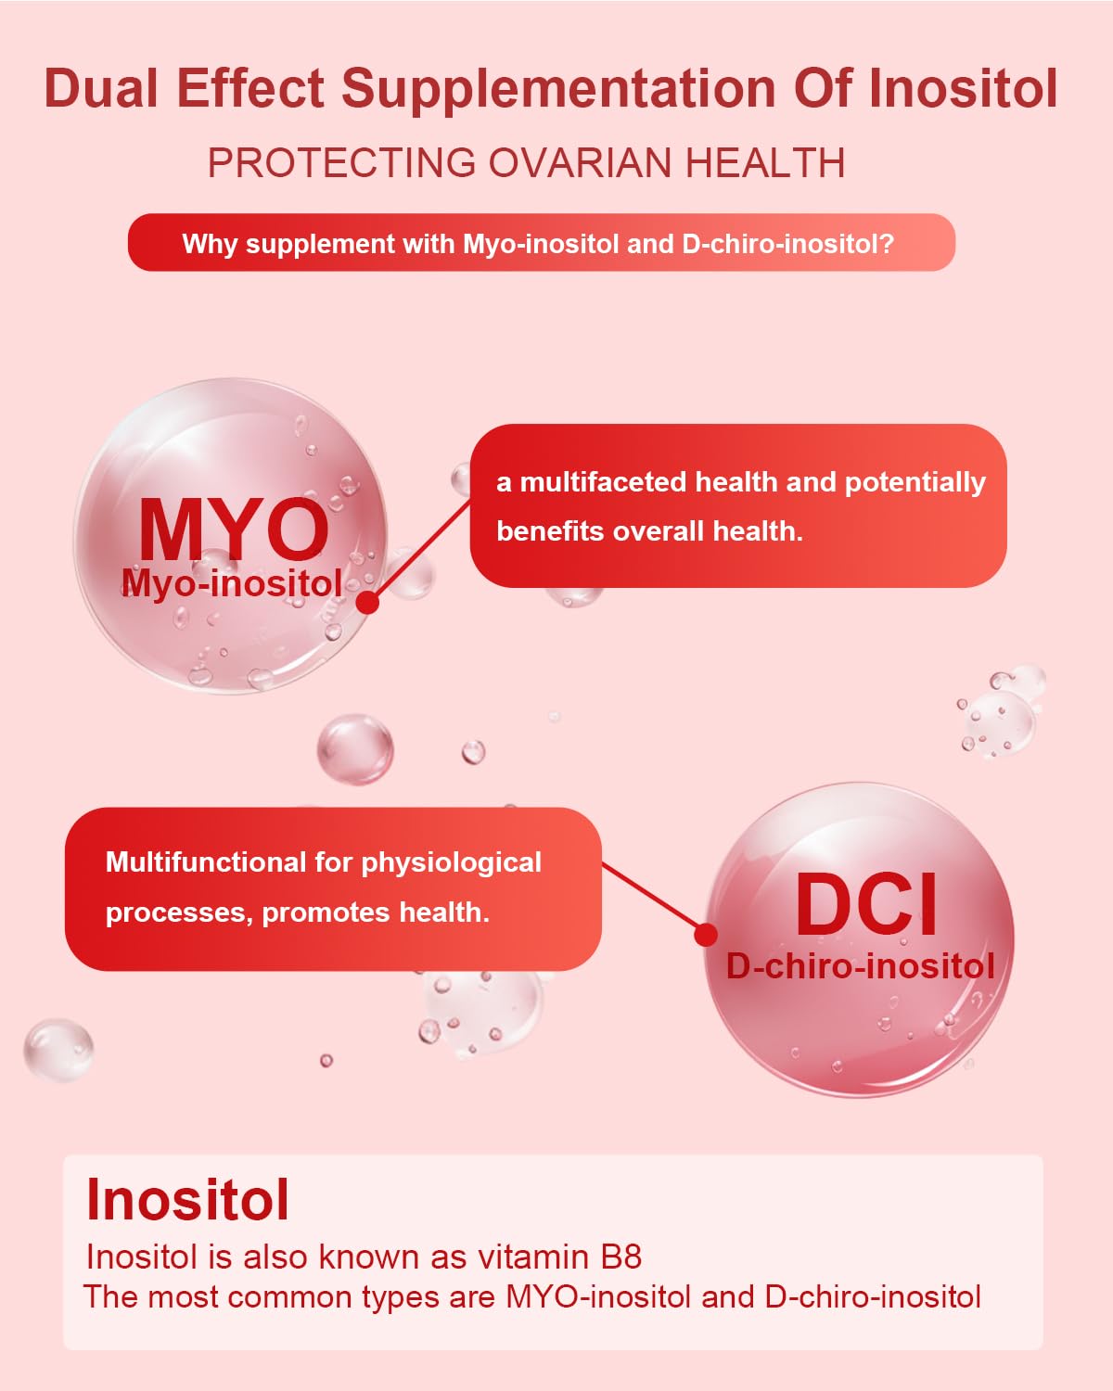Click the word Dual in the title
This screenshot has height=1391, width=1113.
102,89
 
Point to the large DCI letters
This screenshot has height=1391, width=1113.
866,905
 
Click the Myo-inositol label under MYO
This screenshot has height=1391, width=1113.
232,583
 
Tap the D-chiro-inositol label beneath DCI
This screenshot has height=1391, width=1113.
860,966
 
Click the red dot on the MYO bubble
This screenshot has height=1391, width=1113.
368,602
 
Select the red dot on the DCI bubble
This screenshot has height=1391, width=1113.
706,934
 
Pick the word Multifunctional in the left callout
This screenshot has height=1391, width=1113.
205,862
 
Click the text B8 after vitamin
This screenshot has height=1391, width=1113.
620,1257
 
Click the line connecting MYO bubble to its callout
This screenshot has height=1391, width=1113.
422,551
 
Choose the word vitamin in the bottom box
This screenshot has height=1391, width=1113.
533,1257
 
